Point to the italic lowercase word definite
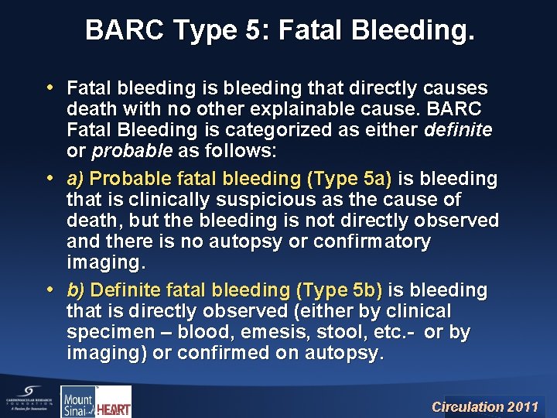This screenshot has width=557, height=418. click(458, 131)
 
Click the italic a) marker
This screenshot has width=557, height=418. click(76, 179)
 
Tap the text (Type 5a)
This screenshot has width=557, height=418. click(350, 179)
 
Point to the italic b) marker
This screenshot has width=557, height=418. click(76, 290)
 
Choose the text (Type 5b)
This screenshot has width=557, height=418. click(339, 290)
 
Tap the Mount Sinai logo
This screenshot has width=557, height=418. click(77, 401)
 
